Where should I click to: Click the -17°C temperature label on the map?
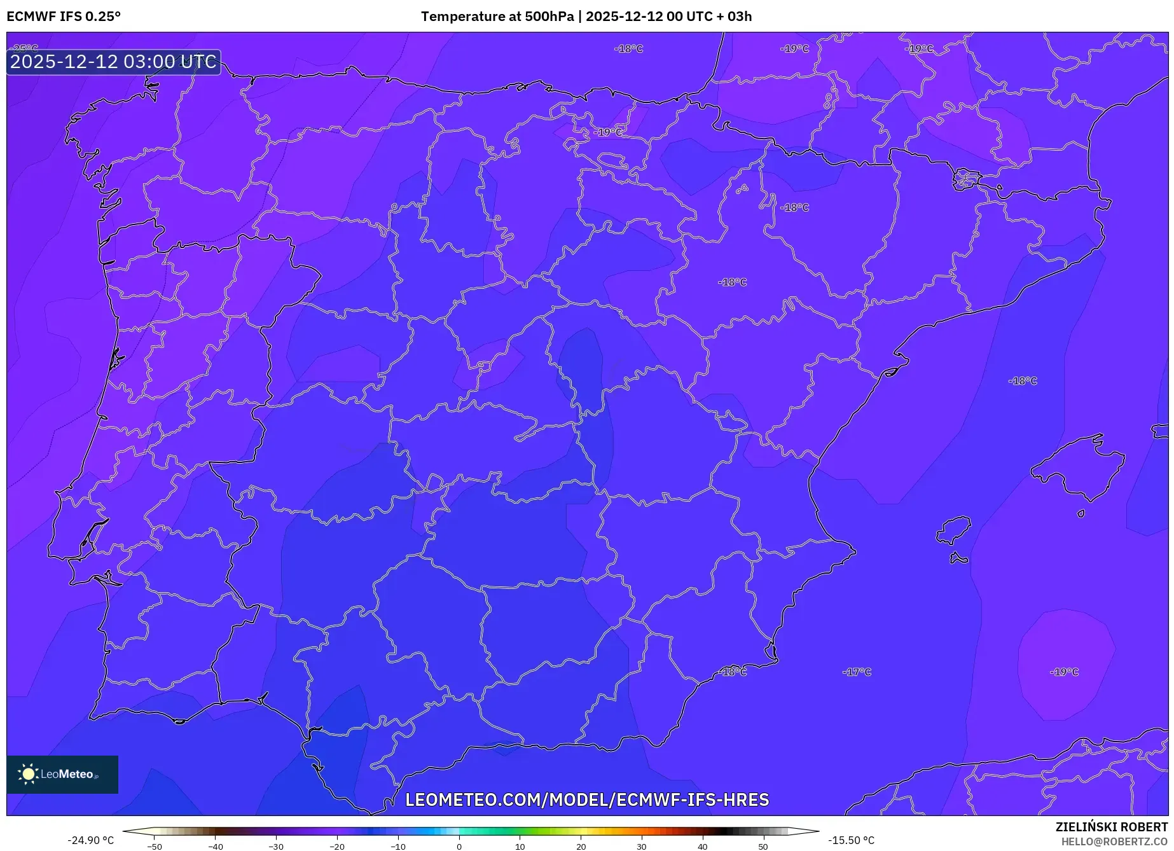pyautogui.click(x=857, y=672)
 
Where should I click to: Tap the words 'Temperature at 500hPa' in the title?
pyautogui.click(x=497, y=17)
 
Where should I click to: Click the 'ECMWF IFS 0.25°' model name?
pyautogui.click(x=64, y=17)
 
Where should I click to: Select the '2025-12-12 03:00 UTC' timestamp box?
pyautogui.click(x=114, y=62)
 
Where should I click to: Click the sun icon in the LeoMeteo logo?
pyautogui.click(x=28, y=774)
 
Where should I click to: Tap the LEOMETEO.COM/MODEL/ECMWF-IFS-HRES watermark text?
pyautogui.click(x=587, y=799)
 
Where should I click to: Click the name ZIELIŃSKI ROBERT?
pyautogui.click(x=1111, y=827)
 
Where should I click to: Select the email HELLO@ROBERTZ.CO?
pyautogui.click(x=1114, y=841)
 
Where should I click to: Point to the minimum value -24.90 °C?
pyautogui.click(x=91, y=840)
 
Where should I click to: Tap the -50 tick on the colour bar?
pyautogui.click(x=155, y=847)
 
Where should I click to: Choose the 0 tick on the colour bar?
pyautogui.click(x=459, y=847)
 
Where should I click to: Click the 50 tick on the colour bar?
pyautogui.click(x=763, y=847)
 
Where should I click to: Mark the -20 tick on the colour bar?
pyautogui.click(x=337, y=847)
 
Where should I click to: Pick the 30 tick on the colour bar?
pyautogui.click(x=642, y=847)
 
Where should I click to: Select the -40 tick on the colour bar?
pyautogui.click(x=216, y=847)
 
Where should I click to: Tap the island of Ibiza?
pyautogui.click(x=954, y=530)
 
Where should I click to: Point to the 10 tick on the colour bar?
pyautogui.click(x=520, y=847)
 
